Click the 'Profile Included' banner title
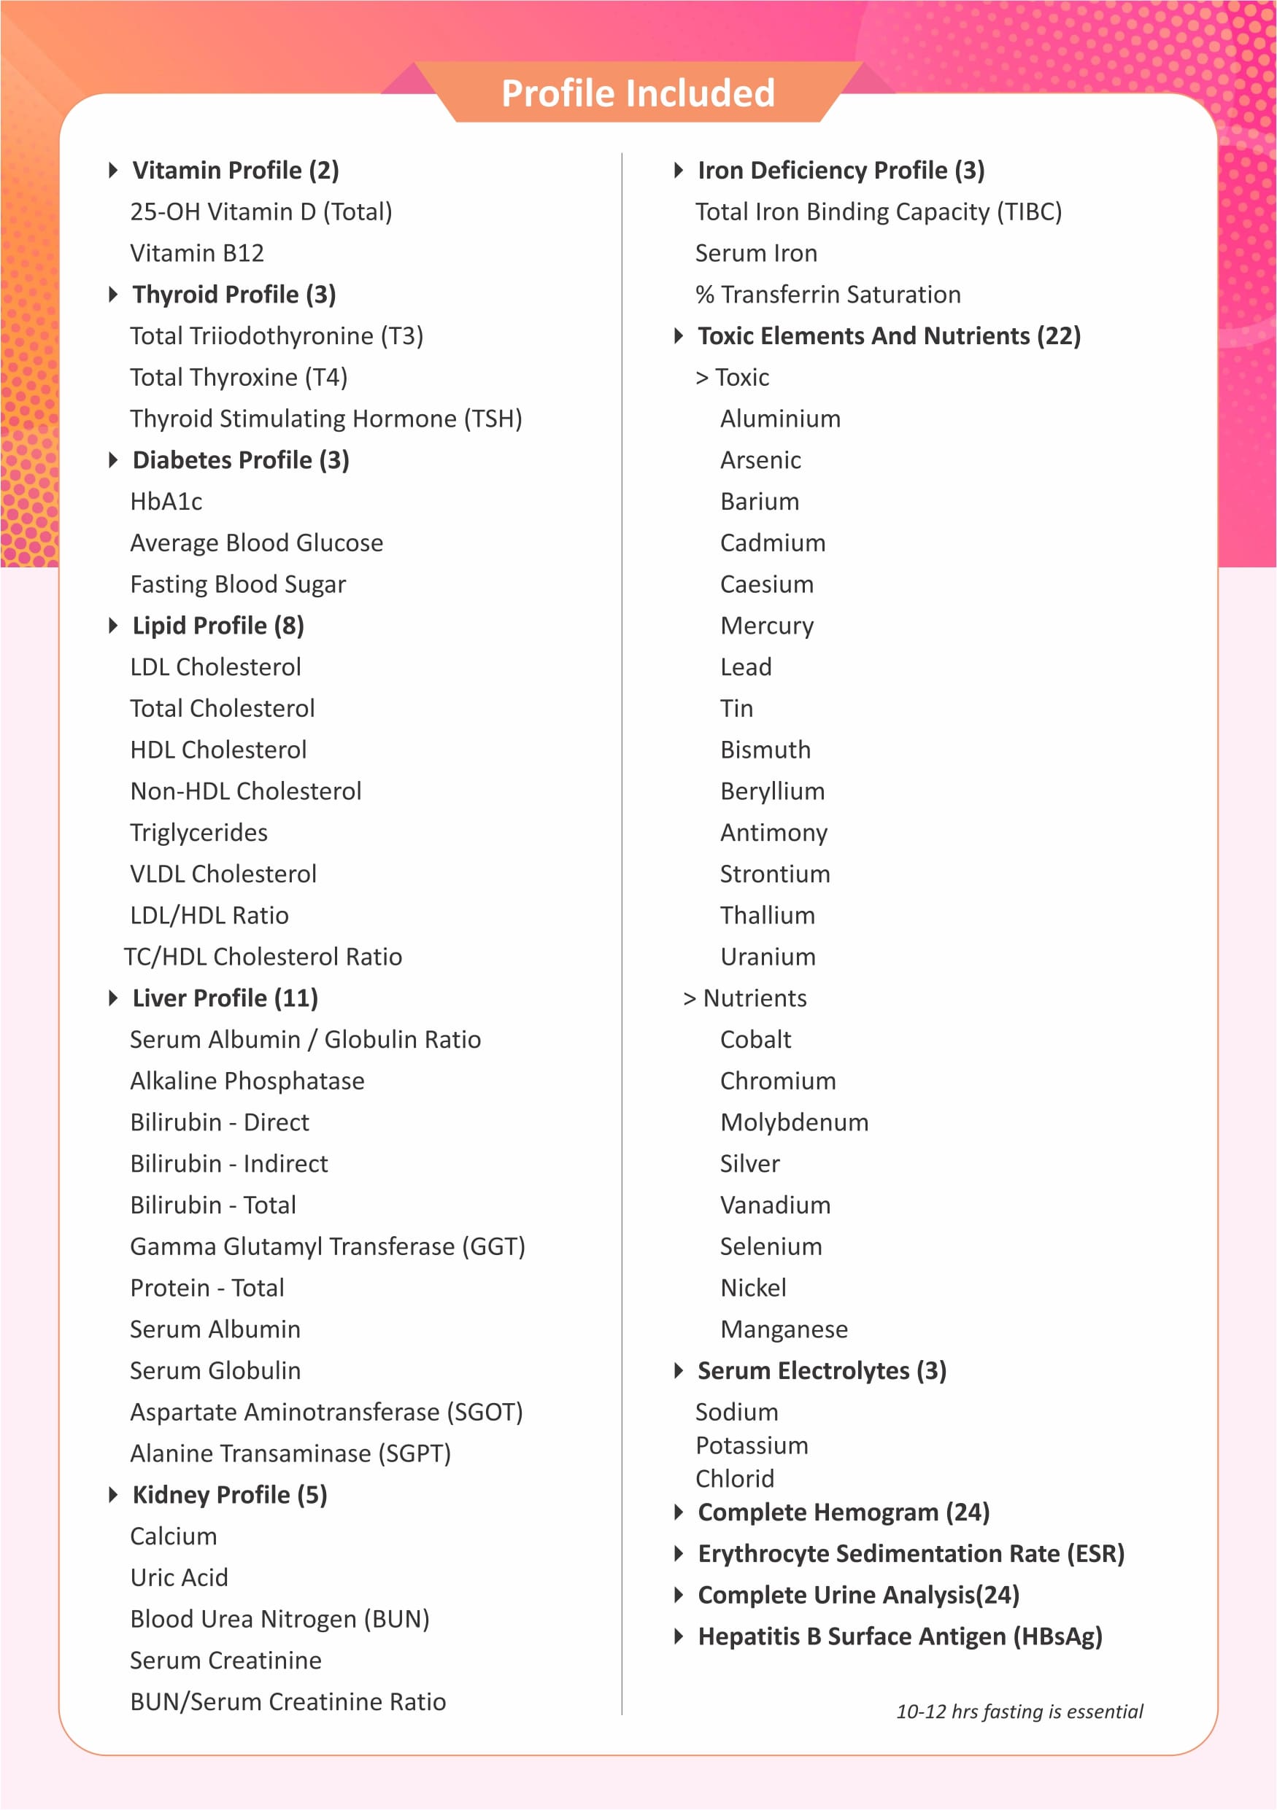point(638,94)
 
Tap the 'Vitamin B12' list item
point(197,253)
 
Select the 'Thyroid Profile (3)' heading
point(234,295)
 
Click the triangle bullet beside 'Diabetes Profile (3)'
point(113,459)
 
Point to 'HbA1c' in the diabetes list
point(166,502)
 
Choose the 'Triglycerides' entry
point(198,833)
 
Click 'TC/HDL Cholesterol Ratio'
point(263,957)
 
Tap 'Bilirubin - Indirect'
point(228,1164)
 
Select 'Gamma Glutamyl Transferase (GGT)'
point(328,1246)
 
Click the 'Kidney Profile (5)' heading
point(230,1495)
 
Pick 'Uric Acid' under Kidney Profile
point(179,1577)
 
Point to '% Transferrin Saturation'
point(828,295)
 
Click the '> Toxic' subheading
point(732,378)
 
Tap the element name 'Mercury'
point(767,626)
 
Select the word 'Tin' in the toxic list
point(737,709)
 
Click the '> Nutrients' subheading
point(744,998)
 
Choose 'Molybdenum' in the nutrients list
point(794,1122)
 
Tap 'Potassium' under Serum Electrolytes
point(752,1446)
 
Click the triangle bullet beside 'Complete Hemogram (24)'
point(679,1512)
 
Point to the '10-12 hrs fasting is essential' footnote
point(1019,1712)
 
